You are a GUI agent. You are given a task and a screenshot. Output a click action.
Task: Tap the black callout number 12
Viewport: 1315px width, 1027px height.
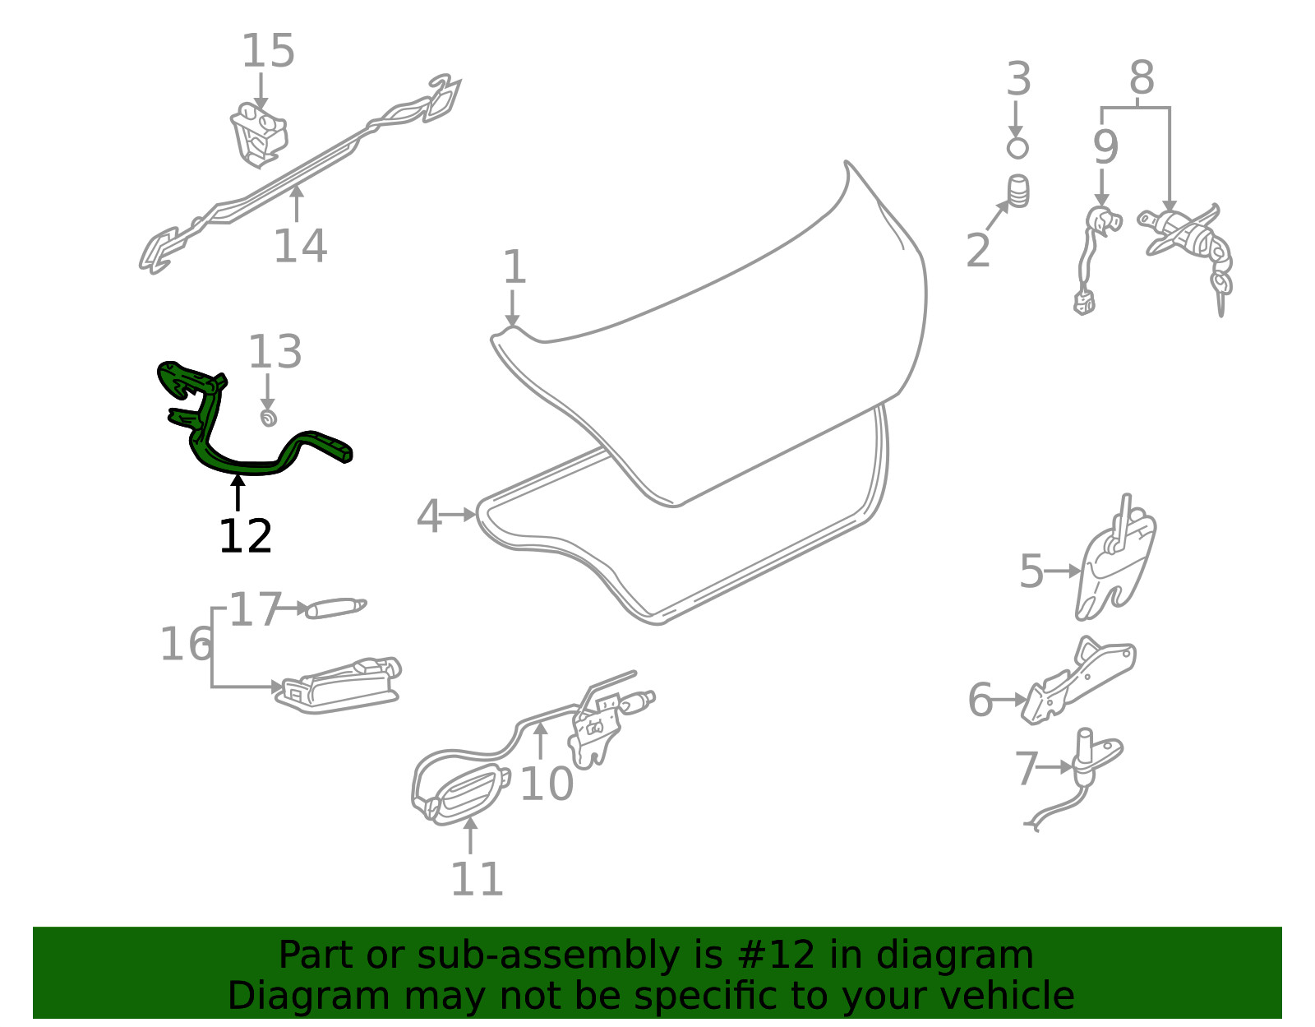coord(245,536)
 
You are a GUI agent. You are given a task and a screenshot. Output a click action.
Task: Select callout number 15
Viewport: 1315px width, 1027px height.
coord(268,50)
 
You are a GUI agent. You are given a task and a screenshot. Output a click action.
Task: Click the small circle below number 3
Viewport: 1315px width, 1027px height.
coord(1017,148)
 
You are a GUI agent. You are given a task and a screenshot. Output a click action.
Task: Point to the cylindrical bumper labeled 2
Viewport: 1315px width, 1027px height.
coord(1018,192)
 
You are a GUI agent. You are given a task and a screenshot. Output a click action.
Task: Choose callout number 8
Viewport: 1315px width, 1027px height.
coord(1142,77)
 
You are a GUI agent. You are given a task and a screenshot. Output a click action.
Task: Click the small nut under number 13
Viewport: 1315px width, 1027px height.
coord(268,418)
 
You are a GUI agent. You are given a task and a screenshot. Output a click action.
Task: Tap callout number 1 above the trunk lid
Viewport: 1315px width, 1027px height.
coord(515,266)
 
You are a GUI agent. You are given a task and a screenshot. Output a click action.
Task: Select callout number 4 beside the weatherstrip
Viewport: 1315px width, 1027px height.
coord(429,516)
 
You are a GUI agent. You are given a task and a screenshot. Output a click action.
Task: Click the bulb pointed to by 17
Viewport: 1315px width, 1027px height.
coord(336,608)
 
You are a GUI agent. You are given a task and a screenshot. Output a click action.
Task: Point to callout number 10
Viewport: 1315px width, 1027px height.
coord(547,784)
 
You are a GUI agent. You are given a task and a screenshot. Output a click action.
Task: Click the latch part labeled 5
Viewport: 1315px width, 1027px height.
coord(1115,561)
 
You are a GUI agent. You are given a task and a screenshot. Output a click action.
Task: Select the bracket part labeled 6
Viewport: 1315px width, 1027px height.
coord(1079,682)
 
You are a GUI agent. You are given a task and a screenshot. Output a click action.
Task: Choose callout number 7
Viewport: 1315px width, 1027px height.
coord(1027,768)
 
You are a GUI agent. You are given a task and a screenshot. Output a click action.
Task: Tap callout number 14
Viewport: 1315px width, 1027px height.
coord(300,246)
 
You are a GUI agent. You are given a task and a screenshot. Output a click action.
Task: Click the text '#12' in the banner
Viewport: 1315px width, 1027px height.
coord(777,955)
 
